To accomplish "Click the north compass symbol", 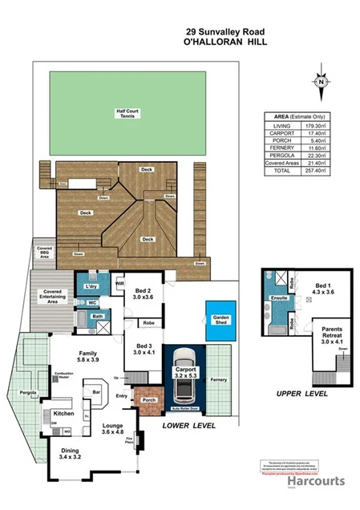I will pyautogui.click(x=321, y=82).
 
